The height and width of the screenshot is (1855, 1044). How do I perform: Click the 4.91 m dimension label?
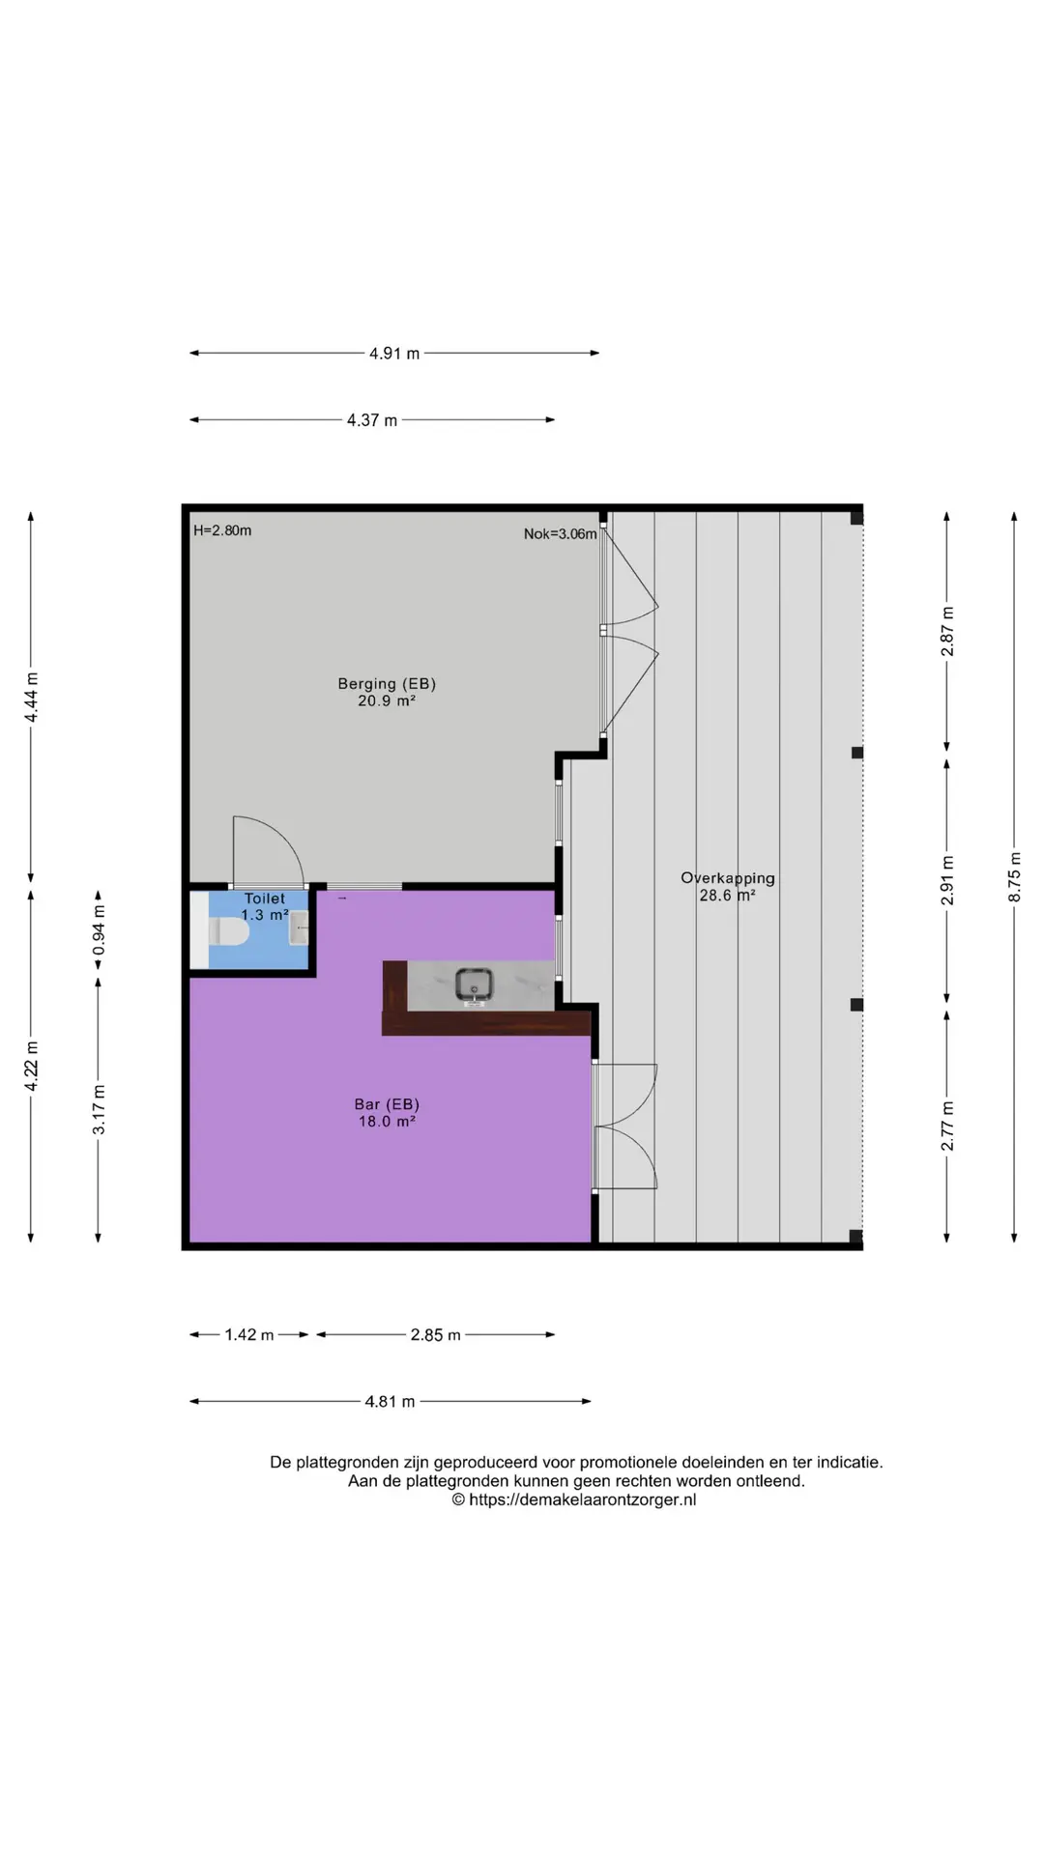[394, 354]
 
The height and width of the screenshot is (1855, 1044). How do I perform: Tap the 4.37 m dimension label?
[372, 420]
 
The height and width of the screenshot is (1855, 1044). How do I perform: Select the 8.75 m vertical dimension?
[1015, 877]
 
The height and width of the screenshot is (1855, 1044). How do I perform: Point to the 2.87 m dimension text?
[947, 632]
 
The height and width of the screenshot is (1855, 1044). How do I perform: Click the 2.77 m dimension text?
[947, 1127]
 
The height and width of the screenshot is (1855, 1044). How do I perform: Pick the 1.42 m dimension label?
[249, 1335]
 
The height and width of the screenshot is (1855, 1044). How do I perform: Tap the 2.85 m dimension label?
[435, 1335]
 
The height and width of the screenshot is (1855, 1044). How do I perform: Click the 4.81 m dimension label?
[390, 1402]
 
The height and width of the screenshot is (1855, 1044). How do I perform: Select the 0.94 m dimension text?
[99, 930]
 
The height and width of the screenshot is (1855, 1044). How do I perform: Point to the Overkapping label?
[728, 878]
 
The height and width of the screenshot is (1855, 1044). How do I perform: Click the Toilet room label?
[265, 899]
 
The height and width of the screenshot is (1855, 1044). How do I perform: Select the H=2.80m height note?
[222, 530]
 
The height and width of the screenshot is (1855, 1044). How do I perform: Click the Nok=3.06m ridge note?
[561, 533]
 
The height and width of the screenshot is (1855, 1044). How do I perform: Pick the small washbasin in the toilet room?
[299, 927]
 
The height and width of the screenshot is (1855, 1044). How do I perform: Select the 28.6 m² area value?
[728, 896]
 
